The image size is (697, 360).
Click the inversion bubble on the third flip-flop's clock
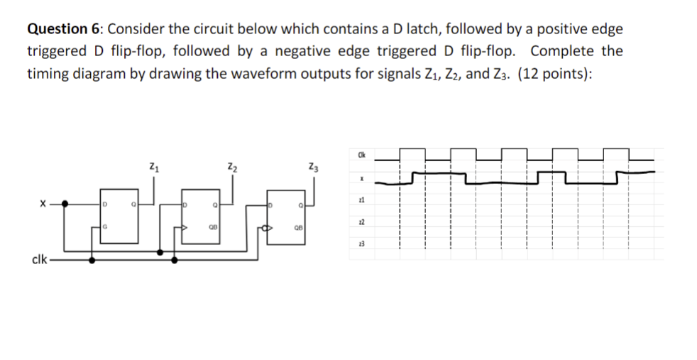click(x=265, y=229)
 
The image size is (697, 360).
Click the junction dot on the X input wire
click(x=66, y=204)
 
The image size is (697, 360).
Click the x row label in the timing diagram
click(x=361, y=180)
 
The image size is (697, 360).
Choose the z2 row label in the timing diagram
click(x=361, y=223)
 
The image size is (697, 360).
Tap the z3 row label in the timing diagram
click(x=361, y=244)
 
